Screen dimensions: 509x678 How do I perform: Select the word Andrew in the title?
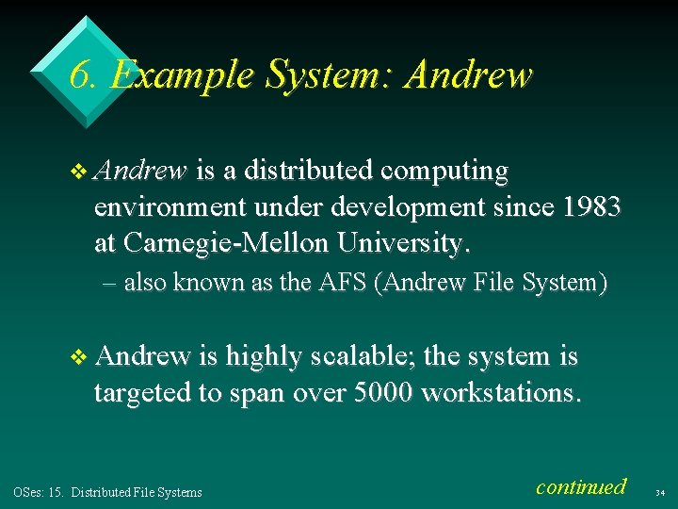click(x=467, y=74)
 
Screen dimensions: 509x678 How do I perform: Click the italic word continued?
click(x=580, y=486)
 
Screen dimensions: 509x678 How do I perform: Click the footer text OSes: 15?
click(x=38, y=491)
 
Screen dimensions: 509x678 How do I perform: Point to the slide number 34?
click(x=659, y=492)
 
